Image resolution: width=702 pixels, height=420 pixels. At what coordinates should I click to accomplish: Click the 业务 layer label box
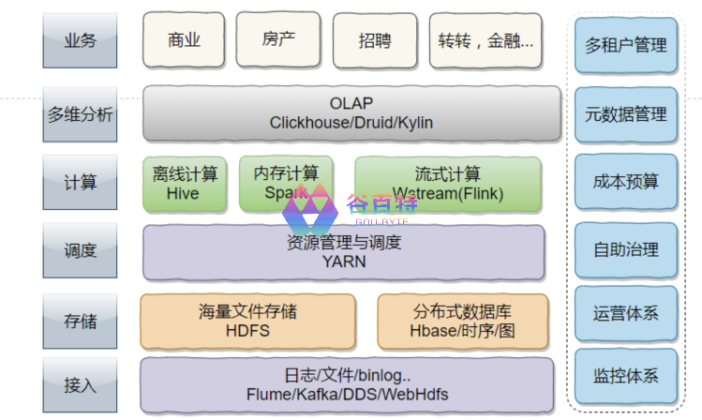[x=80, y=41]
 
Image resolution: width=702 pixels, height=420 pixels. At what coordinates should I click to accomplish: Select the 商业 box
[x=184, y=40]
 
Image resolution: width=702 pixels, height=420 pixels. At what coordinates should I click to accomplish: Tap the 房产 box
[x=279, y=40]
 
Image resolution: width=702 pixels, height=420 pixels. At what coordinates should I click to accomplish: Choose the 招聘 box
[x=375, y=40]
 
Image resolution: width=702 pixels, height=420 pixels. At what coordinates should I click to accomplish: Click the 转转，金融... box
[x=485, y=40]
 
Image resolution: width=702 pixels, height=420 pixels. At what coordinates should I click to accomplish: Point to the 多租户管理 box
[x=625, y=45]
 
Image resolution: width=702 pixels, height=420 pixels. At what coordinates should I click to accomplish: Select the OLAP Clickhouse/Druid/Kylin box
[x=351, y=113]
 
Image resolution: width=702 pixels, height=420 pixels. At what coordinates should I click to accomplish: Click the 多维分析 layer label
[x=80, y=114]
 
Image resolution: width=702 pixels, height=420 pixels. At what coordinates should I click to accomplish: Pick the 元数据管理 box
[x=625, y=114]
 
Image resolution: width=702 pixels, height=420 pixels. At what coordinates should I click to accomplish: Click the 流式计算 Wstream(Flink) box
[x=447, y=184]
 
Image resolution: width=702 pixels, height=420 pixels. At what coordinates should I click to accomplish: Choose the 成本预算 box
[x=625, y=182]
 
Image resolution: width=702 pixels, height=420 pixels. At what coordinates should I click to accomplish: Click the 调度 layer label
[x=80, y=251]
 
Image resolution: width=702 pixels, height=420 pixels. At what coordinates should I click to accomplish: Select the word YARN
[x=344, y=262]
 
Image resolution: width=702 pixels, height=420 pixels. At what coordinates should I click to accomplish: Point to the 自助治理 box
[x=625, y=249]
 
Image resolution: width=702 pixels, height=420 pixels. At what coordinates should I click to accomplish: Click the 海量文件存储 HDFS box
[x=247, y=321]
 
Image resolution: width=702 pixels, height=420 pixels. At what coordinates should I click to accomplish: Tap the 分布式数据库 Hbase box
[x=462, y=321]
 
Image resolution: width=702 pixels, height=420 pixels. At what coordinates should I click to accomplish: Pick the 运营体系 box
[x=625, y=313]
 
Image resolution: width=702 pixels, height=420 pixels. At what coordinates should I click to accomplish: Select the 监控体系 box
[x=625, y=377]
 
